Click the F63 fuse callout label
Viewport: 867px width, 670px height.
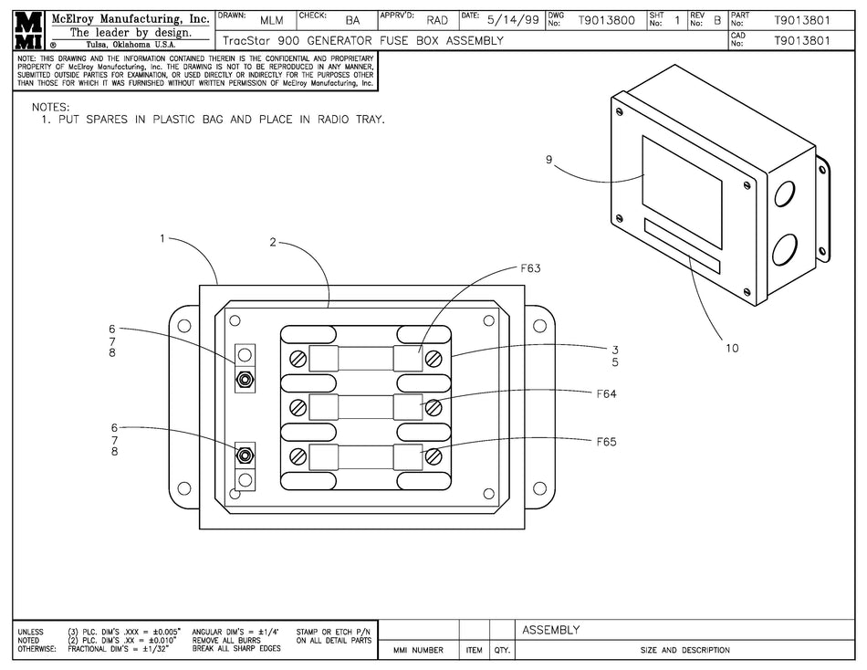click(x=530, y=269)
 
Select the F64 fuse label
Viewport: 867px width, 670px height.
click(x=607, y=394)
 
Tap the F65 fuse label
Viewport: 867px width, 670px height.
click(x=607, y=442)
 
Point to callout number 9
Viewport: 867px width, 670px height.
click(x=548, y=160)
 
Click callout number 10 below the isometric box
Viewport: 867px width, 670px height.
click(x=732, y=348)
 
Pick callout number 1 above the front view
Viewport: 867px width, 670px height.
click(x=162, y=238)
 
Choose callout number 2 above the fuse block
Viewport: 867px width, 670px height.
click(x=273, y=243)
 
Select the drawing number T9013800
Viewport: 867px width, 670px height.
click(x=606, y=19)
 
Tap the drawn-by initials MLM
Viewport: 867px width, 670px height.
click(x=271, y=19)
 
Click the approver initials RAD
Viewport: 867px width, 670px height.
click(x=437, y=19)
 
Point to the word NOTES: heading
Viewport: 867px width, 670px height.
click(x=51, y=107)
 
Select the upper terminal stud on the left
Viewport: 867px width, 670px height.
click(x=245, y=378)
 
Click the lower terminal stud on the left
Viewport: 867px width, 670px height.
click(x=245, y=455)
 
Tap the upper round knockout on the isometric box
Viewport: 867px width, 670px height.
click(x=785, y=194)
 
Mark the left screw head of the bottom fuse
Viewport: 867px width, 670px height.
click(x=298, y=455)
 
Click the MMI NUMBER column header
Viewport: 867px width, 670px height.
click(x=418, y=651)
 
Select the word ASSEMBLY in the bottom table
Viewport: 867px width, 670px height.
click(x=550, y=630)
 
